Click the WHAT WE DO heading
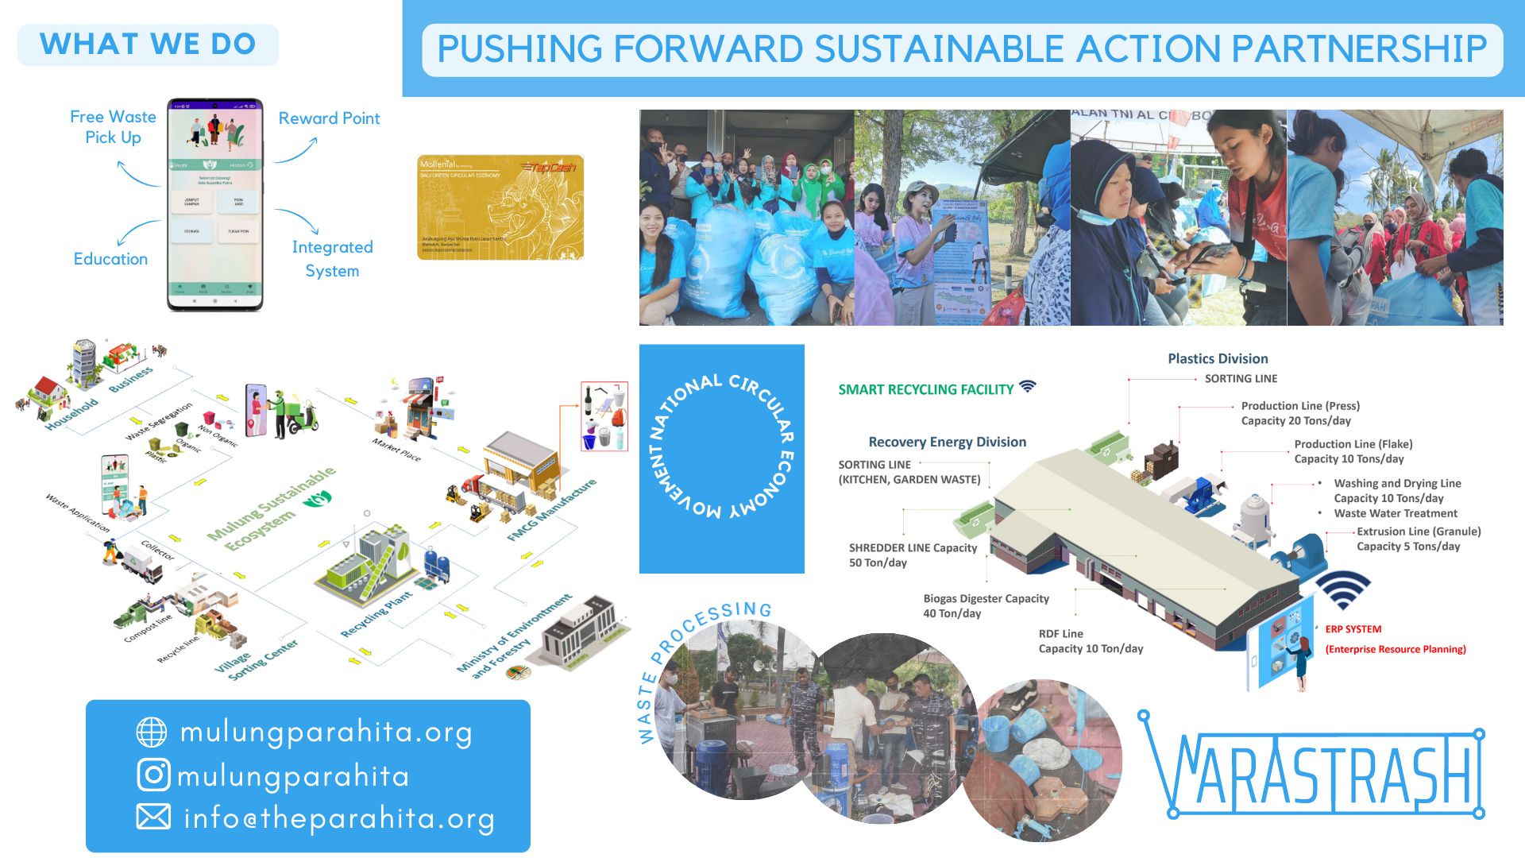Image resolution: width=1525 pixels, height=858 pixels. click(x=148, y=44)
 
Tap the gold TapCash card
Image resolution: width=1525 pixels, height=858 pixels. click(x=500, y=207)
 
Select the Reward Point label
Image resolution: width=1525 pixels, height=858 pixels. click(x=329, y=118)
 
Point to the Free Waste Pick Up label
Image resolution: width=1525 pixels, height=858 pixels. click(x=113, y=127)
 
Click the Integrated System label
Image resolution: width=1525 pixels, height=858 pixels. click(x=332, y=258)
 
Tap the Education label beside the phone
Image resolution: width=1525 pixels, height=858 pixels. click(x=110, y=259)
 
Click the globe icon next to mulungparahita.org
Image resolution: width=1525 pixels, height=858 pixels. click(x=152, y=732)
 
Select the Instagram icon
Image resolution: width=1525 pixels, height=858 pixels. click(x=153, y=775)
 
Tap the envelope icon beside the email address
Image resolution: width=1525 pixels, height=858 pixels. click(x=153, y=817)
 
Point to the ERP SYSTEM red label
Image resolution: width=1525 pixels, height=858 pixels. click(x=1353, y=629)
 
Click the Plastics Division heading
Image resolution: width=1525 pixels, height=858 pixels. click(x=1218, y=359)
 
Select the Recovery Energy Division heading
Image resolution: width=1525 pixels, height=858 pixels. click(x=947, y=443)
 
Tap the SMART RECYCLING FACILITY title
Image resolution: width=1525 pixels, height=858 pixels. click(x=926, y=389)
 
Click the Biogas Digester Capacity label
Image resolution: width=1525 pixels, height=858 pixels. click(x=986, y=606)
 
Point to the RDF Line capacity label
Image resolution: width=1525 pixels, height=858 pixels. click(x=1091, y=641)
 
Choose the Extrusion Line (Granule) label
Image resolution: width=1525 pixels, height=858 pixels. click(x=1419, y=539)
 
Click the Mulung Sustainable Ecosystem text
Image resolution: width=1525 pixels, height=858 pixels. click(x=271, y=508)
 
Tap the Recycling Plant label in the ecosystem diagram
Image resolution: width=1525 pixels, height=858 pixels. click(x=376, y=614)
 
